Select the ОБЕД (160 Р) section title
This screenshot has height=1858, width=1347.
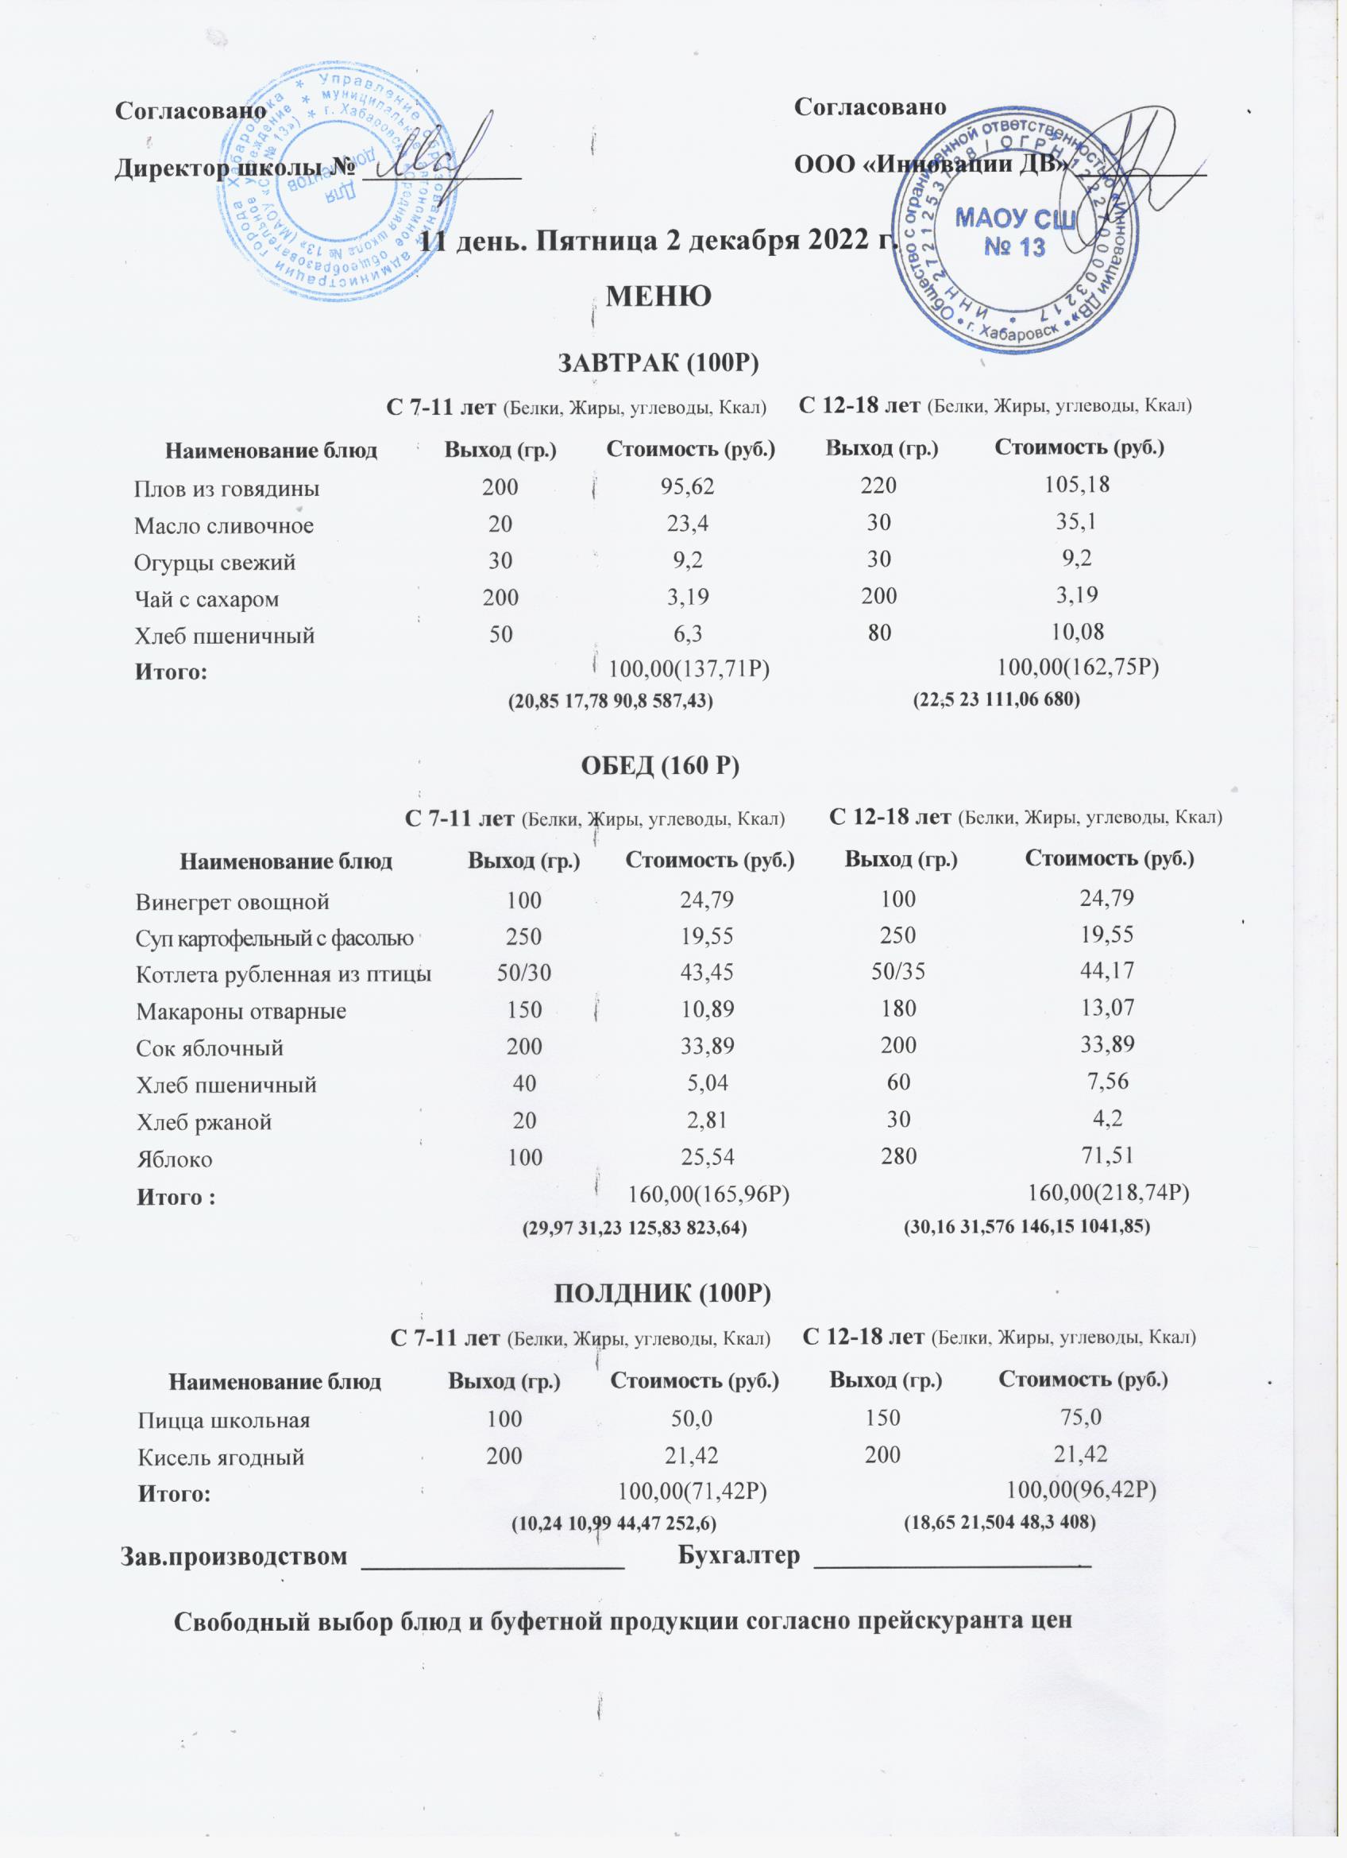660,766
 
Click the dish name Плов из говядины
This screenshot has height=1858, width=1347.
227,489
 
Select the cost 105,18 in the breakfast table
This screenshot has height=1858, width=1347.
1077,484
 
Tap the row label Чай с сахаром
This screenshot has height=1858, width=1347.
206,599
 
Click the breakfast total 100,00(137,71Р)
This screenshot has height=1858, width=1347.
691,670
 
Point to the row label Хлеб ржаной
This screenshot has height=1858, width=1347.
204,1121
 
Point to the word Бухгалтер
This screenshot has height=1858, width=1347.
739,1557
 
